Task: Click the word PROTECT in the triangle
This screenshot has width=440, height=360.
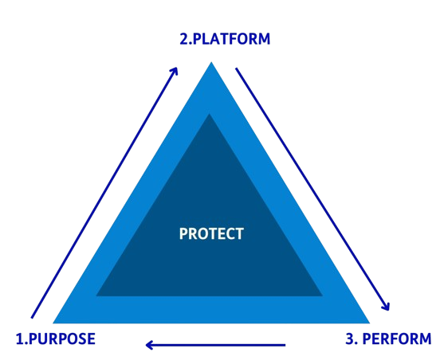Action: [x=211, y=233]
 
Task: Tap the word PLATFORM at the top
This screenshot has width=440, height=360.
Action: [x=231, y=39]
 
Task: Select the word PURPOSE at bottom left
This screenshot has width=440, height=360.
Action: [x=62, y=338]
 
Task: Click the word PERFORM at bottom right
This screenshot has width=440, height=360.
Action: [x=397, y=338]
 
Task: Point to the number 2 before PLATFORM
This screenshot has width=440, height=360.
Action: [x=184, y=39]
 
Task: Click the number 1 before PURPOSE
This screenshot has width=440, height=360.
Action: [x=20, y=338]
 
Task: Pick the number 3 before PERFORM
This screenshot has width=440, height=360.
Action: [x=350, y=338]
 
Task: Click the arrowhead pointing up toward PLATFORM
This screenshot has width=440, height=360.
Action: [x=175, y=71]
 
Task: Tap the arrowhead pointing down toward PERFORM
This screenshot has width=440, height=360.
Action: [x=386, y=306]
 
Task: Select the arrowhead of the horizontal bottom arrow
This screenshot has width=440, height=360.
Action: [x=149, y=345]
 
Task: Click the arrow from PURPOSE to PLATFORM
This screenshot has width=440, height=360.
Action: [x=104, y=193]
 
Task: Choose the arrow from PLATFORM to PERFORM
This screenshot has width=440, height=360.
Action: [x=312, y=190]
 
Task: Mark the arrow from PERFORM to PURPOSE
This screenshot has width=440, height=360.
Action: [x=215, y=345]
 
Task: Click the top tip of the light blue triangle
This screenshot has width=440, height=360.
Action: [x=211, y=62]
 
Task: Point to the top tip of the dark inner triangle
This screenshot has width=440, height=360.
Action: [x=210, y=114]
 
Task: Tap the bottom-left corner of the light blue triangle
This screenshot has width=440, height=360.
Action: [x=53, y=323]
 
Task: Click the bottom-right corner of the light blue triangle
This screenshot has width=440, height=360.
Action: [x=370, y=323]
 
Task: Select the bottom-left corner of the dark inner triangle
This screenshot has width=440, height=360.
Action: [x=96, y=296]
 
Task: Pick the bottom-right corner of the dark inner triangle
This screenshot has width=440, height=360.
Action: [x=323, y=296]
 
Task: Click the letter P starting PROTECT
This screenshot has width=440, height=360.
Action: [x=183, y=233]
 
